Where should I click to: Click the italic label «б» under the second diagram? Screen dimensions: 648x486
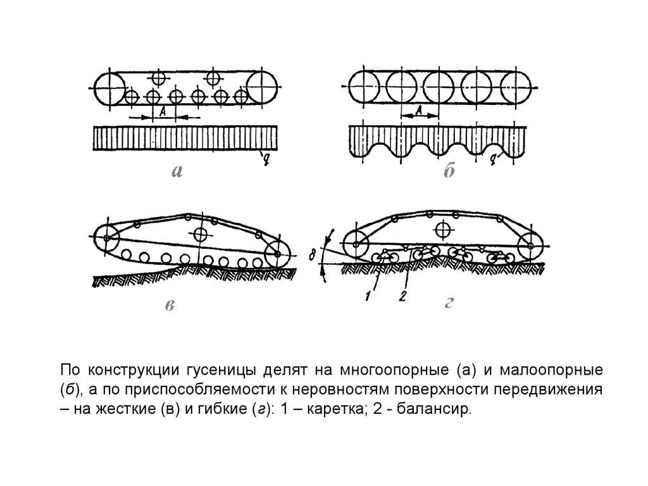[x=449, y=172]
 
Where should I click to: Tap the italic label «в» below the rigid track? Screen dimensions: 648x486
[x=170, y=306]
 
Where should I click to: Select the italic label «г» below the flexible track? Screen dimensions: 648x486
[x=448, y=304]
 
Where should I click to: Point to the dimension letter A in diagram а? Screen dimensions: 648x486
[x=163, y=111]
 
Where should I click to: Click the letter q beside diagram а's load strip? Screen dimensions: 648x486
[x=266, y=158]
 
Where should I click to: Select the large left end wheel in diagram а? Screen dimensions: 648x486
[x=108, y=87]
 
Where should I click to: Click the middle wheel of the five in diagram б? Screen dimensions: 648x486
[x=440, y=87]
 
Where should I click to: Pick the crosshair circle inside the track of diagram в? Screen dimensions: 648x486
[x=202, y=234]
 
